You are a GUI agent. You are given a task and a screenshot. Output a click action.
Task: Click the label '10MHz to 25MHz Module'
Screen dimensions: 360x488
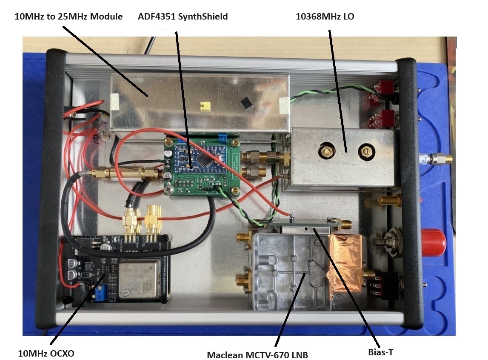68,17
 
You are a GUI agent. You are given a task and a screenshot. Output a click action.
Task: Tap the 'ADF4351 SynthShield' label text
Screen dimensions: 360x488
183,17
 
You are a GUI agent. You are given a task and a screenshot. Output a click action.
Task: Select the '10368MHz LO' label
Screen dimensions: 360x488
325,17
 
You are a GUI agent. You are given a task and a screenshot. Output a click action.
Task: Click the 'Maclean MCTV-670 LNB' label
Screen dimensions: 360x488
257,354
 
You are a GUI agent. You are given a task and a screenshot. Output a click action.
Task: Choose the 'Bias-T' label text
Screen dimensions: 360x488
382,352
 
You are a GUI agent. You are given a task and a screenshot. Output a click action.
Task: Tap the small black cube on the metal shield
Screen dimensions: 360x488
244,102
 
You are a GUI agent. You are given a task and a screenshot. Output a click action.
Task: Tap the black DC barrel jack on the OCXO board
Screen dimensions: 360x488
81,294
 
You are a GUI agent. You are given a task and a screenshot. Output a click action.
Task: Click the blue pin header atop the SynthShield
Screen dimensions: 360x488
222,137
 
